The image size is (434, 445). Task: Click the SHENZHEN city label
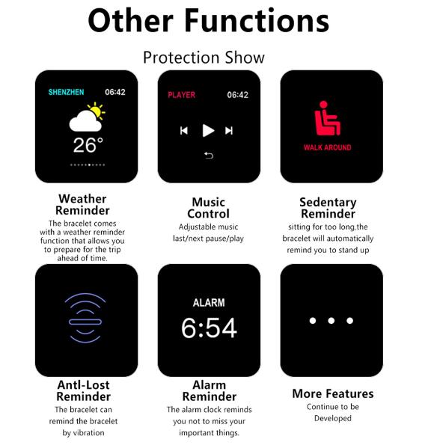[x=66, y=92]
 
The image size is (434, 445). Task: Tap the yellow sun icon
[x=97, y=111]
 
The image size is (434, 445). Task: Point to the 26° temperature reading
[x=88, y=145]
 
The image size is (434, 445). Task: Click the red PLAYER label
[x=182, y=95]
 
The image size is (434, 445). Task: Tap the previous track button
[x=184, y=131]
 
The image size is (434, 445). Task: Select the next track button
[x=229, y=131]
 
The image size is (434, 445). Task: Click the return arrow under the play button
[x=209, y=156]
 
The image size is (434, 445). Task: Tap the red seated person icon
[x=327, y=118]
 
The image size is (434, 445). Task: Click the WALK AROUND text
[x=328, y=147]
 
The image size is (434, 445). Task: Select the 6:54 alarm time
[x=209, y=328]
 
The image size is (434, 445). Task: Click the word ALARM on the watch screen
[x=209, y=303]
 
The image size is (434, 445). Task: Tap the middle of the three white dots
[x=331, y=321]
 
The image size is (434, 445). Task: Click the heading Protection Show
[x=204, y=58]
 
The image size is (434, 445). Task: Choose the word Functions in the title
[x=257, y=20]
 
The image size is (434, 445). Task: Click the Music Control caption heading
[x=209, y=208]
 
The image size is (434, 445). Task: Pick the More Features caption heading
[x=333, y=393]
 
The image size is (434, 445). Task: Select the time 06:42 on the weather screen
[x=115, y=92]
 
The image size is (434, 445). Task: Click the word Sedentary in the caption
[x=328, y=203]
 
